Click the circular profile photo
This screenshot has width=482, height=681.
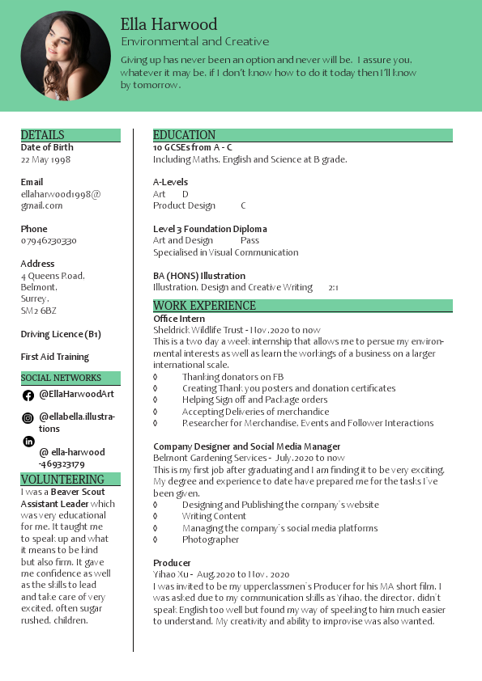(66, 56)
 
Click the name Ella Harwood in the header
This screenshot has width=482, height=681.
(168, 24)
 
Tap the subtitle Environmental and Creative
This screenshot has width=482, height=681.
(194, 41)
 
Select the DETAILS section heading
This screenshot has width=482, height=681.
(43, 135)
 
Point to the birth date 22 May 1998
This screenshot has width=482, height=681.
(45, 160)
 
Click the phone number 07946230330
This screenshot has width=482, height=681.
(49, 241)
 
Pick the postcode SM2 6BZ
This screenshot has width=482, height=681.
(39, 311)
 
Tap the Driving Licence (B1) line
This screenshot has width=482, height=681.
(61, 334)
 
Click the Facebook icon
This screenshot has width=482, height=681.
(28, 395)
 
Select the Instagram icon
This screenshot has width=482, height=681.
(28, 418)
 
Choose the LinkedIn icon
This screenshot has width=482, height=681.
(28, 441)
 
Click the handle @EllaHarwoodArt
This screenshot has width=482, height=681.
(77, 394)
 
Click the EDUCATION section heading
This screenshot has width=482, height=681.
(185, 135)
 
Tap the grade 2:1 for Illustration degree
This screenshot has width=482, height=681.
(333, 288)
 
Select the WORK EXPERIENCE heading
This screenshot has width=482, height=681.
(204, 306)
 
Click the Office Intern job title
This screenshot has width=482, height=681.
(179, 319)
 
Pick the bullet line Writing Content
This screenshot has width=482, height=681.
(214, 516)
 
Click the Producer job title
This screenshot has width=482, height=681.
(172, 563)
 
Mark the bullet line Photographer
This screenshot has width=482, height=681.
(211, 539)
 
